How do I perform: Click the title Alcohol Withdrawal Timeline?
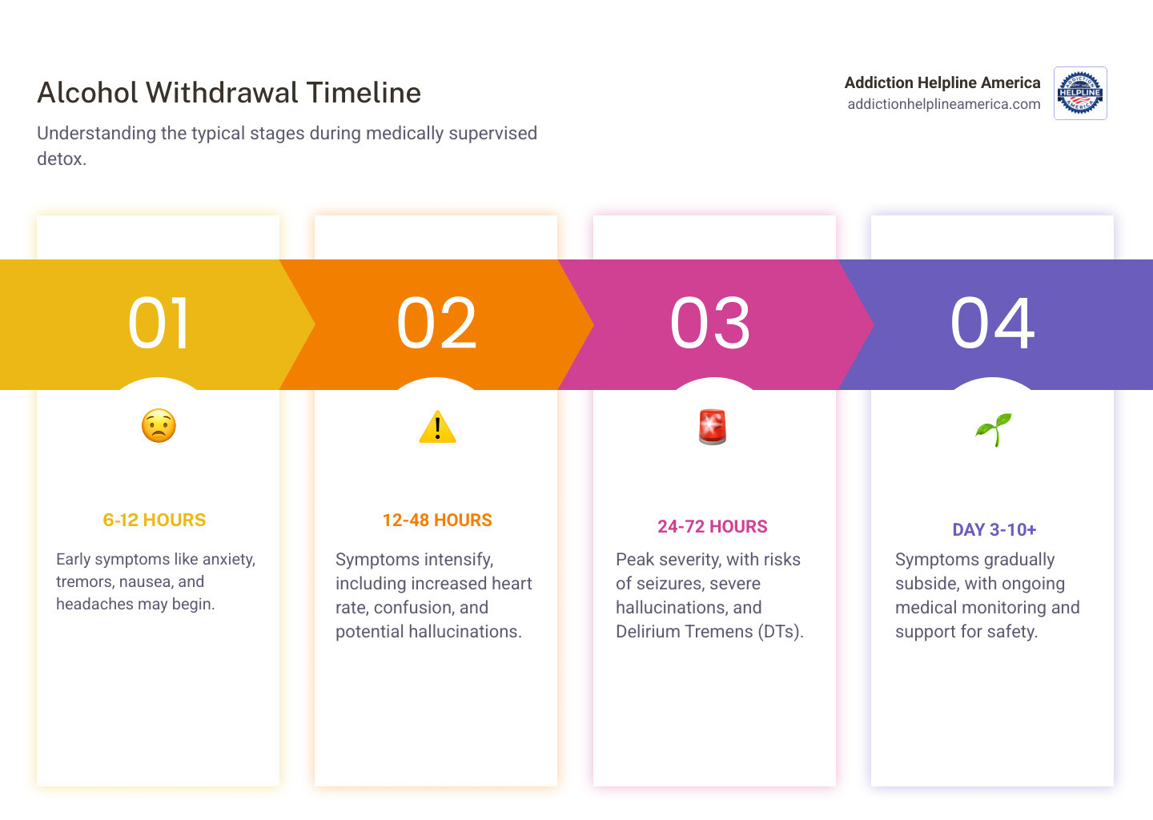(229, 93)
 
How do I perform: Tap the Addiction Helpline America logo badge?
(1080, 94)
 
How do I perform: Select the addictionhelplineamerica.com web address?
(943, 104)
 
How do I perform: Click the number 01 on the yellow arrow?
(159, 324)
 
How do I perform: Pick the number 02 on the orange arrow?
(437, 324)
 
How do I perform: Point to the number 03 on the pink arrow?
(710, 324)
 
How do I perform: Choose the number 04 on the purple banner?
(992, 324)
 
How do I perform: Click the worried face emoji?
(159, 426)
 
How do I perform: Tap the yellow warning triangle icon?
(437, 427)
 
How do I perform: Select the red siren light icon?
(713, 427)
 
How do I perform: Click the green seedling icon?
(994, 429)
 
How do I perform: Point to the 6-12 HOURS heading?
(155, 521)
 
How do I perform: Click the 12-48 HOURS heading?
(437, 521)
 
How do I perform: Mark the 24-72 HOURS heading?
(713, 527)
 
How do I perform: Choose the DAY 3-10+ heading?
(994, 530)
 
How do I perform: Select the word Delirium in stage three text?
(647, 632)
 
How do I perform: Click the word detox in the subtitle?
(59, 159)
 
